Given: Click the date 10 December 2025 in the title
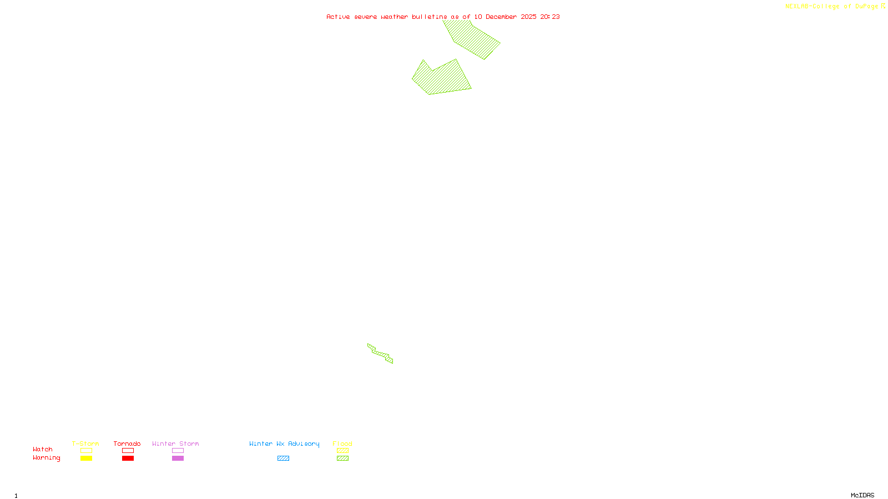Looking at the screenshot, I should [505, 17].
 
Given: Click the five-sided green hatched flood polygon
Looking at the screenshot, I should [442, 79].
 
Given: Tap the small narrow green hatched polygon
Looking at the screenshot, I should [380, 353].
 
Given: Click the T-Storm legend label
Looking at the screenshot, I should [85, 444].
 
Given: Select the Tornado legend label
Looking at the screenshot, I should [127, 444].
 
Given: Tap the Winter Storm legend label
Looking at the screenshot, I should [175, 444].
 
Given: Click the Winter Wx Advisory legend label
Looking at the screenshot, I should [284, 444].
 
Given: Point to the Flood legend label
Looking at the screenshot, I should [342, 444].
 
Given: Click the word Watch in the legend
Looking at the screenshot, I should [43, 449].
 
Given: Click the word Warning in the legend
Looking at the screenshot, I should [47, 458].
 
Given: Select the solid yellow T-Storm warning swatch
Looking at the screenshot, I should [86, 459].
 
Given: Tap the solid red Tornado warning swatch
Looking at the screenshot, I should [128, 459].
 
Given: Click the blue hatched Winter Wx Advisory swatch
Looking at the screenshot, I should [283, 459].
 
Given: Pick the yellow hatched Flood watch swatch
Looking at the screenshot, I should [342, 451].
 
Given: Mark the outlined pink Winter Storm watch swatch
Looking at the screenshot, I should [178, 451].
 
